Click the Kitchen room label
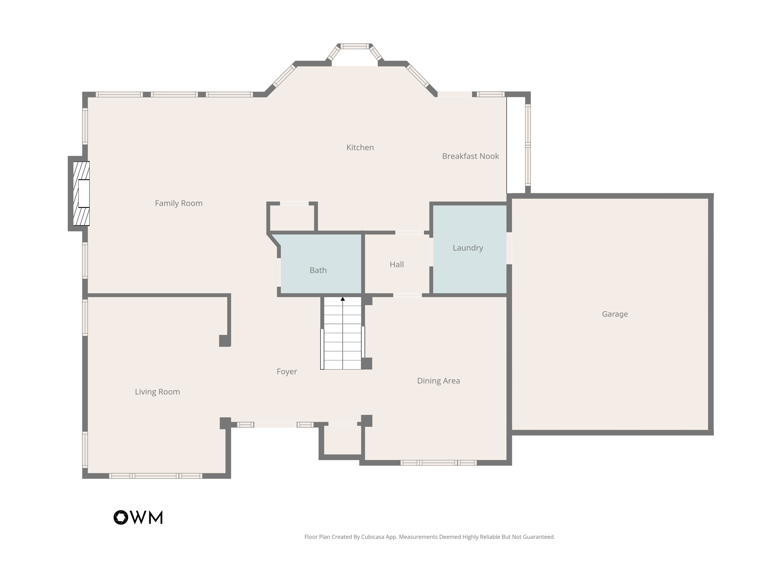point(360,147)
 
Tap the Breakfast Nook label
point(470,156)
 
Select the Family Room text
point(179,203)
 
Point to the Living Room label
point(157,392)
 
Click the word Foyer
point(286,371)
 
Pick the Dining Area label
point(438,381)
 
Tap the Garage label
point(615,314)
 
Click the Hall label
point(397,264)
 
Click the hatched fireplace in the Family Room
point(81,194)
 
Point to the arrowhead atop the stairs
point(343,299)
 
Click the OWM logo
point(138,517)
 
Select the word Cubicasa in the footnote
point(373,537)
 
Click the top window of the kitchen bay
point(355,46)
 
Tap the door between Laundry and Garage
point(509,248)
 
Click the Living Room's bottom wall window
point(156,476)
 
